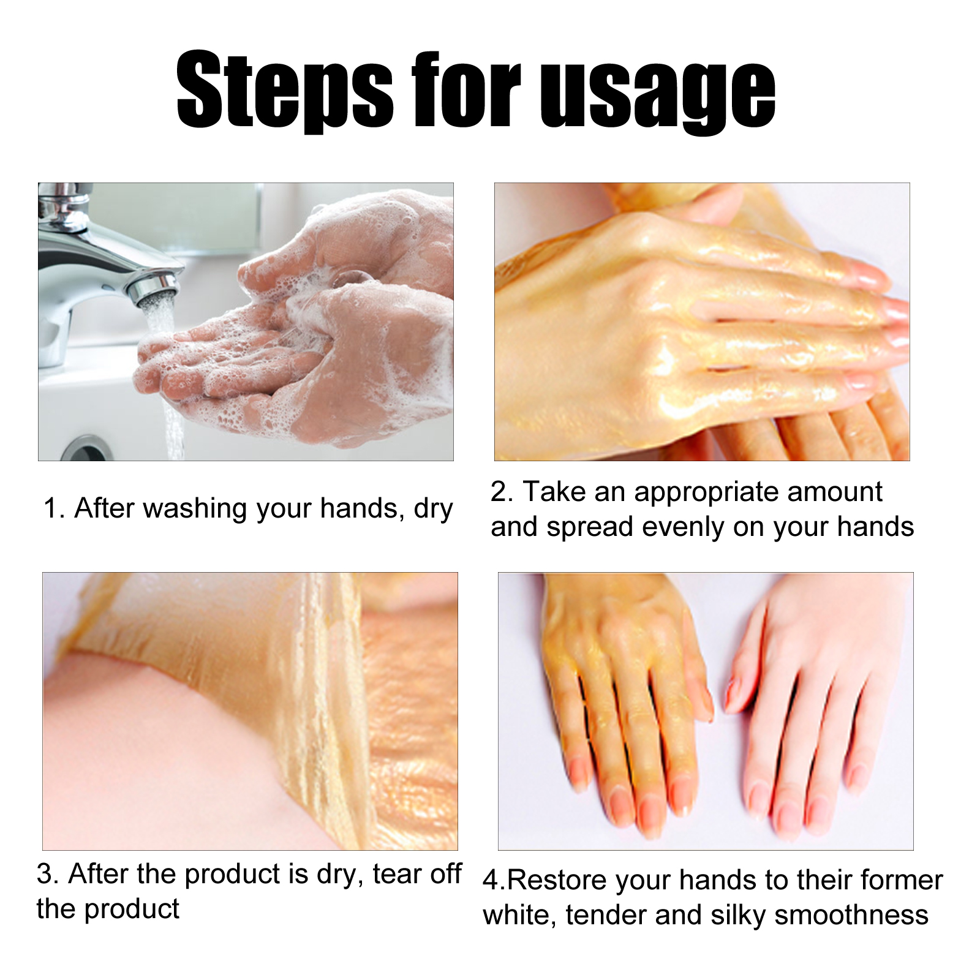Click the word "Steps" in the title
285,91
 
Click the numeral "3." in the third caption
48,874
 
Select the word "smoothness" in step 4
851,916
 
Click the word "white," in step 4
520,916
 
